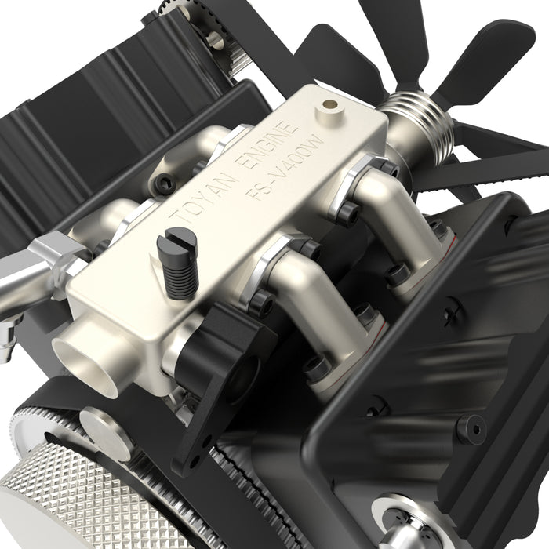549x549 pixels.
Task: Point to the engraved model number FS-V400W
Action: (287, 167)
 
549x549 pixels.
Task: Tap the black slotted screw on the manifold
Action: (180, 264)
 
